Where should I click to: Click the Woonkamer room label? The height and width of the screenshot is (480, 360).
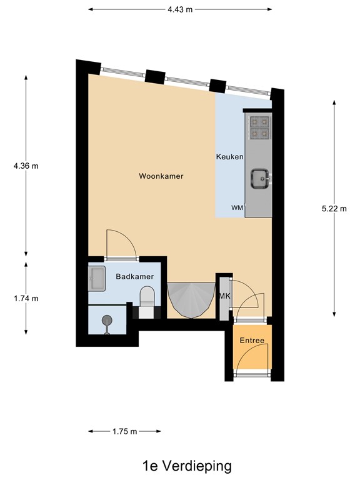tap(161, 176)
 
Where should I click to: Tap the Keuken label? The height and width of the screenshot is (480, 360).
tap(229, 156)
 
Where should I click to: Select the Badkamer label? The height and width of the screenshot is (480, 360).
tap(134, 276)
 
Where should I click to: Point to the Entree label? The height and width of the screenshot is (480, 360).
tap(252, 341)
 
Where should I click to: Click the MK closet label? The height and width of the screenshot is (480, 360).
tap(223, 296)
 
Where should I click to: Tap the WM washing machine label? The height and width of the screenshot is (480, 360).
tap(237, 207)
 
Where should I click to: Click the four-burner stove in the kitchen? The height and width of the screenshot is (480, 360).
tap(259, 127)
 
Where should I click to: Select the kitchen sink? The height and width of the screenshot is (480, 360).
tap(259, 179)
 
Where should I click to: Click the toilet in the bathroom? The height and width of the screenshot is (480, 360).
tap(147, 297)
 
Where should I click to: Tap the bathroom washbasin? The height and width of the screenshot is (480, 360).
tap(97, 278)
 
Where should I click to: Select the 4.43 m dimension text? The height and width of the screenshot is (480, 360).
tap(180, 9)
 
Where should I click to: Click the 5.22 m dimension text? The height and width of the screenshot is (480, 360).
tap(334, 209)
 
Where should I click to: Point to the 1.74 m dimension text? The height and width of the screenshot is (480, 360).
tap(26, 298)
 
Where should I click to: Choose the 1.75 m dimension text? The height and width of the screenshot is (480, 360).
tap(124, 431)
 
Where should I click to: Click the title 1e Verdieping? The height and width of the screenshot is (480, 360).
tap(186, 466)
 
